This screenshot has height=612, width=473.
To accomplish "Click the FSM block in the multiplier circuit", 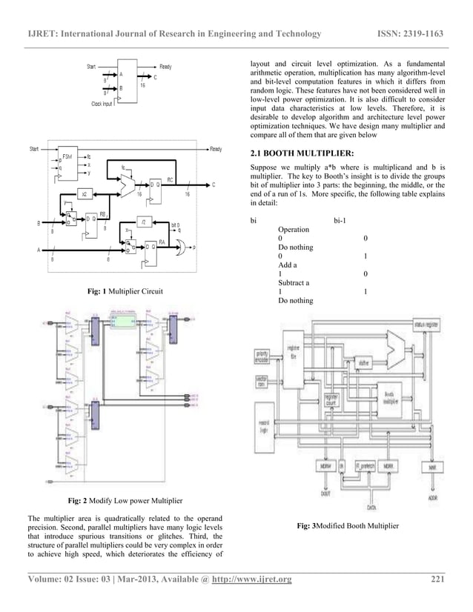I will coord(67,159).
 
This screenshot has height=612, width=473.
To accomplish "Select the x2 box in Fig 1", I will coord(85,193).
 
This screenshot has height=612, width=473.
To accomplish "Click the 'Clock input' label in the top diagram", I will coord(106,104).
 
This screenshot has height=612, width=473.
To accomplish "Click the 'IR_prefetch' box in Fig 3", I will coord(364,467).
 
